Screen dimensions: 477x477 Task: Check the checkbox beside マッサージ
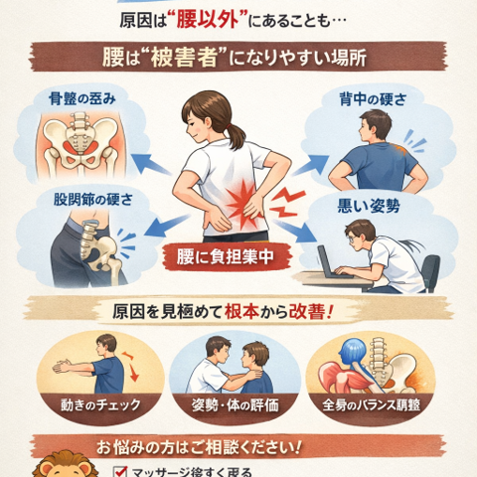point(119,471)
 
